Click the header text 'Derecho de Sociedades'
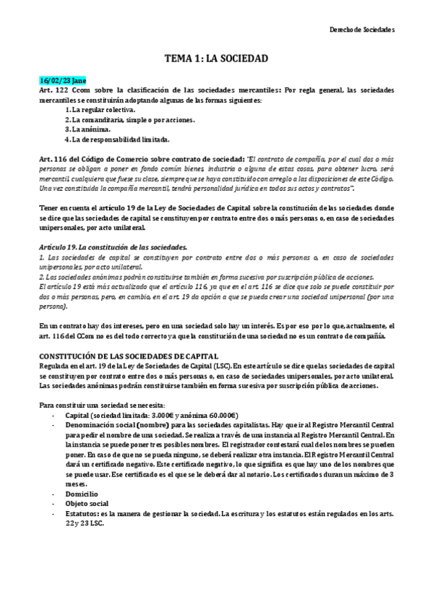pos(361,30)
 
